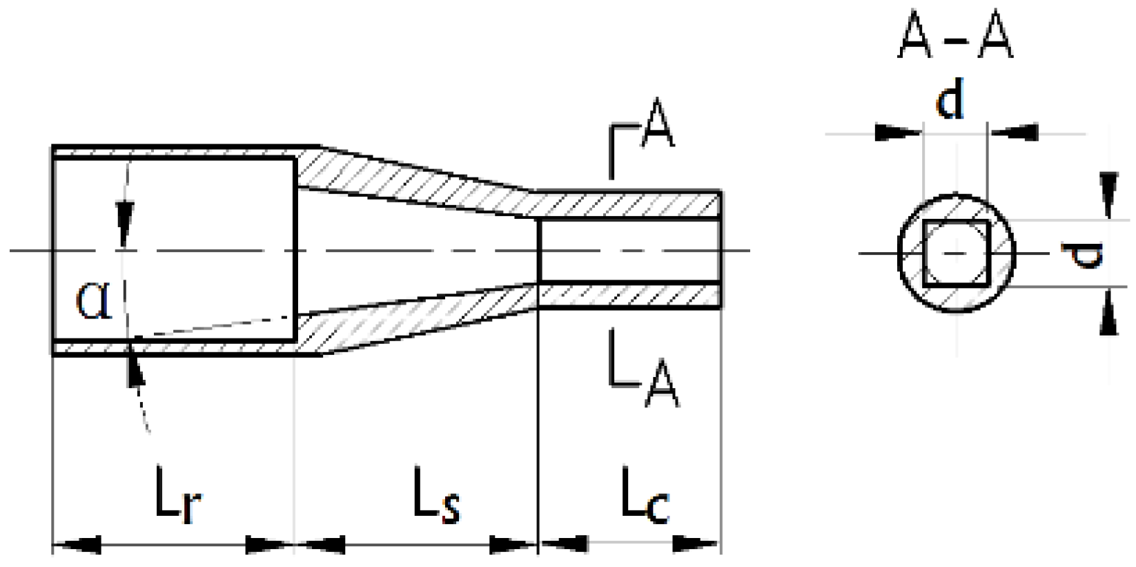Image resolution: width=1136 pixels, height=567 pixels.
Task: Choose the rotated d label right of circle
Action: point(1086,253)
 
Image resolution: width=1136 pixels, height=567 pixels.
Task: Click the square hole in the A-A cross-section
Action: point(956,253)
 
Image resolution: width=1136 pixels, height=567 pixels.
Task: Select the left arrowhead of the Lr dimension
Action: point(76,545)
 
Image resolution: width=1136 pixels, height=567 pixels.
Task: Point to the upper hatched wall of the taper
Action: point(414,185)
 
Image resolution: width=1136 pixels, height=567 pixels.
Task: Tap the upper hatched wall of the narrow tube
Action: point(628,204)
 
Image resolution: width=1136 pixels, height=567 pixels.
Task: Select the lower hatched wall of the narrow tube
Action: point(628,296)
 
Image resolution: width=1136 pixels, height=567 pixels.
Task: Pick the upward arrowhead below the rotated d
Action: point(1108,314)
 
